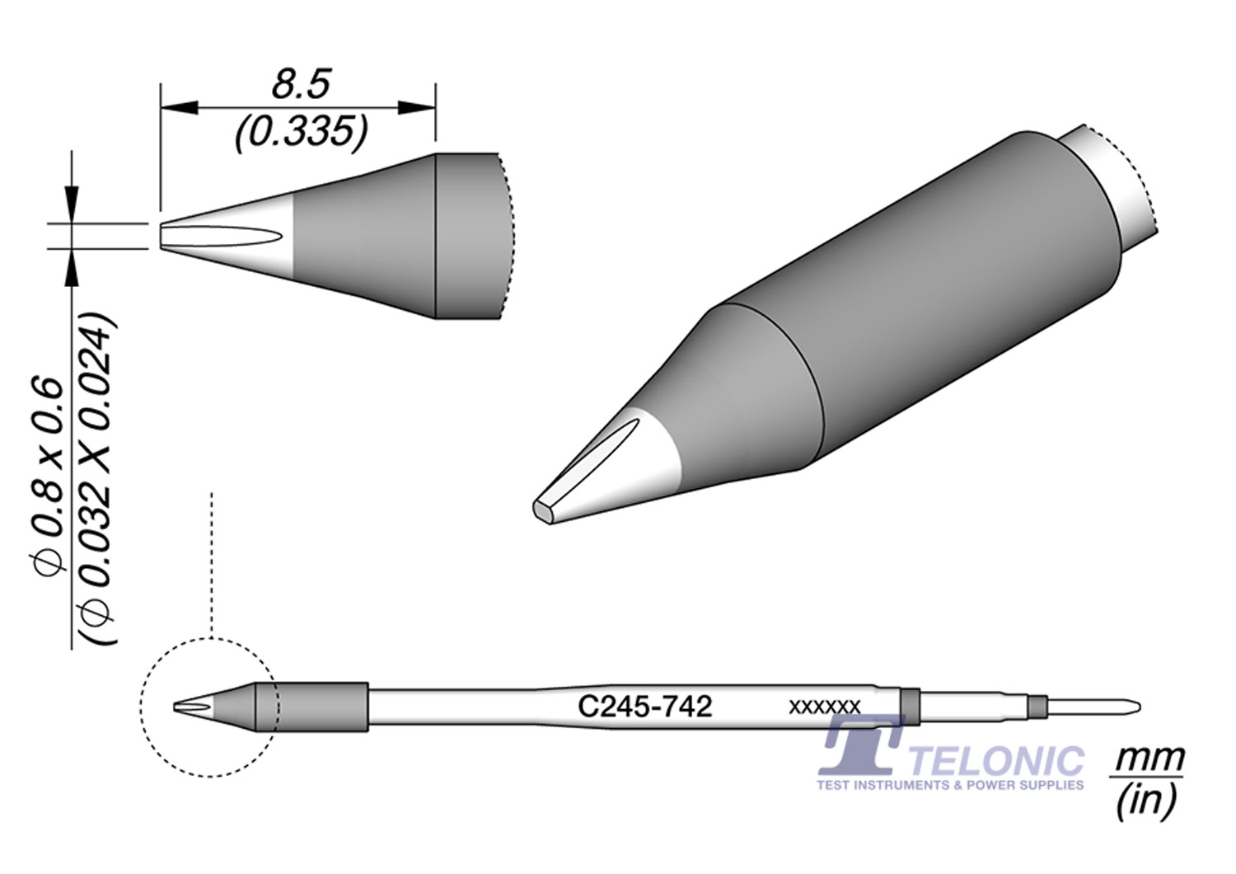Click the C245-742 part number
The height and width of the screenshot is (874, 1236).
pyautogui.click(x=644, y=707)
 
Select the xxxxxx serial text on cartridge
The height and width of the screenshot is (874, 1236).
pyautogui.click(x=824, y=707)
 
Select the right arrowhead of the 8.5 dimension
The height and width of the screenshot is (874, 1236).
pyautogui.click(x=416, y=107)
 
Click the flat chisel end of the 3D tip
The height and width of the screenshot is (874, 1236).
pyautogui.click(x=545, y=510)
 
